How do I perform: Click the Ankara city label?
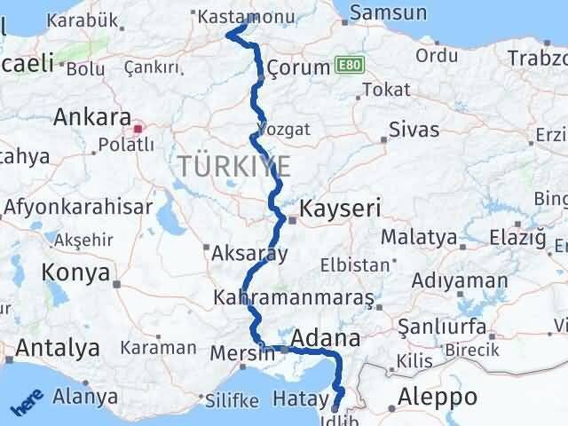coord(86,117)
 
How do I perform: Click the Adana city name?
coord(325,338)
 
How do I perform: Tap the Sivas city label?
coord(414,130)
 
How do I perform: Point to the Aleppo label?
coord(438,397)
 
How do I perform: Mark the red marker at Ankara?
coord(138,127)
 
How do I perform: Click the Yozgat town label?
coord(284,129)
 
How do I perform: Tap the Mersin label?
coord(241,353)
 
